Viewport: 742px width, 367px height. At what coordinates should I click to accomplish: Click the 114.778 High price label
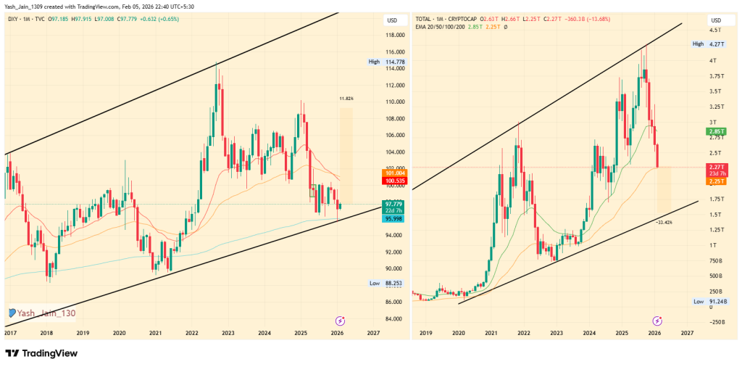[396, 62]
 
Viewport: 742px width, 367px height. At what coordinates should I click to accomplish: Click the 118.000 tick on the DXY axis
[394, 35]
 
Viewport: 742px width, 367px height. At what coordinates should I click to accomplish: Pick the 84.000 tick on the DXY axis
[394, 318]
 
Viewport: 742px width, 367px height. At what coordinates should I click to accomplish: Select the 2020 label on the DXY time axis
[120, 333]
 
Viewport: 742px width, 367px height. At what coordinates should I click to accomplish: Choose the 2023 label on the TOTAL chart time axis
[556, 333]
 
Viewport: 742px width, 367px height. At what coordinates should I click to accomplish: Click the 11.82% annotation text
[346, 98]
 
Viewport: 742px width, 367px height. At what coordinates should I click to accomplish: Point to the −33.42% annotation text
[664, 222]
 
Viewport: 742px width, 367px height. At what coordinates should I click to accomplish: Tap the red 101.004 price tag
[396, 173]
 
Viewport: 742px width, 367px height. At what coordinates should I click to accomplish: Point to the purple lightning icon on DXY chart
[340, 320]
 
